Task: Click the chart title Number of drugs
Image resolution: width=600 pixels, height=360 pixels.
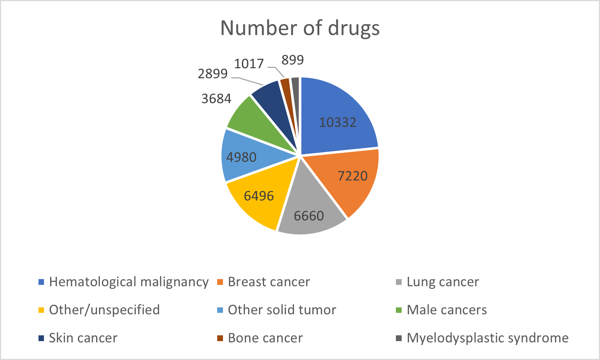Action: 300,28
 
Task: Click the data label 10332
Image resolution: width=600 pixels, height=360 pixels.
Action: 338,122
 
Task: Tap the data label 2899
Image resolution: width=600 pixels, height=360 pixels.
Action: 213,74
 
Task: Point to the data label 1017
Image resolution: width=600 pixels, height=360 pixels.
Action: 249,64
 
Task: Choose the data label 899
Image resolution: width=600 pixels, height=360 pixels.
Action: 292,60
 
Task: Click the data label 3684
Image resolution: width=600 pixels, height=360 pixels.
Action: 216,98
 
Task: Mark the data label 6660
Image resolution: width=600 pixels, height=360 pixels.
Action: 309,216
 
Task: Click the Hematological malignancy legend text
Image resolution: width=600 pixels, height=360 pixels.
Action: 129,282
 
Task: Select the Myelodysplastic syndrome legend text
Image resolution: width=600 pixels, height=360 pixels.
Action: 487,338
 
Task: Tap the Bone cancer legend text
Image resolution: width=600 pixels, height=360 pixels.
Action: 265,338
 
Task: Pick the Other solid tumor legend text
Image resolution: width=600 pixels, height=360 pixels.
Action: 282,310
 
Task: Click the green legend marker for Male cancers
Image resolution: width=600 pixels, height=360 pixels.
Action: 399,310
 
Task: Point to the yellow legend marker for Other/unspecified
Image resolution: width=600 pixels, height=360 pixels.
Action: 41,310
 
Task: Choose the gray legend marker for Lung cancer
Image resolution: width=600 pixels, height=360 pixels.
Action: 399,282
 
